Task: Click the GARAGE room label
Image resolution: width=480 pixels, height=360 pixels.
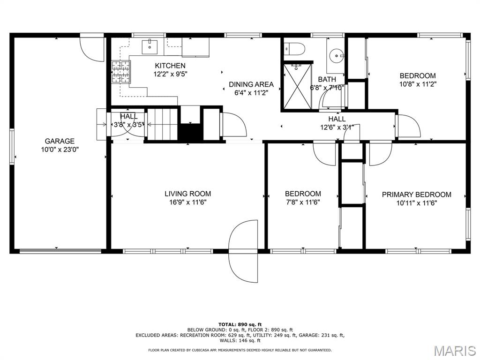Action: click(60, 141)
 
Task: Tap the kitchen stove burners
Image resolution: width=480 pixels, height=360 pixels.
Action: click(121, 72)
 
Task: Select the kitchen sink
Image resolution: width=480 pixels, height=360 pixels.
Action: click(150, 47)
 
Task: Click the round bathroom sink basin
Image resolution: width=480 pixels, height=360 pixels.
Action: click(337, 56)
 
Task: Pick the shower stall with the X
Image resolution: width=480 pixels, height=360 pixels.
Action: click(296, 86)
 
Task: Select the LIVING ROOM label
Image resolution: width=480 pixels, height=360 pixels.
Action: click(187, 194)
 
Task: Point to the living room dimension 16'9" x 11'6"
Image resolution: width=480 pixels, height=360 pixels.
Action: click(187, 202)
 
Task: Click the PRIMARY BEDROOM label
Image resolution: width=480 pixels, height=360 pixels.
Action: click(416, 195)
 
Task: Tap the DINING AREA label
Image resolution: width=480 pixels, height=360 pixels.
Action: click(251, 84)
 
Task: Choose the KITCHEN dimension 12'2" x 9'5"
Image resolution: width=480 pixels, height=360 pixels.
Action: click(170, 74)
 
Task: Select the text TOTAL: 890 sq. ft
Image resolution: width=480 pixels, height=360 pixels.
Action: click(240, 324)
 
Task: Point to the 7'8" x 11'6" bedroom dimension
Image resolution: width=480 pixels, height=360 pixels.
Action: click(302, 202)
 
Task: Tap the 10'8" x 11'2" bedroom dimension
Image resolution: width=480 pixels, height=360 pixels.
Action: click(418, 84)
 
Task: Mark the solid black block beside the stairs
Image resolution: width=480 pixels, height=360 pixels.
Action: click(190, 132)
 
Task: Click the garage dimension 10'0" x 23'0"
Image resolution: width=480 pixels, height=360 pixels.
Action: click(60, 150)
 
